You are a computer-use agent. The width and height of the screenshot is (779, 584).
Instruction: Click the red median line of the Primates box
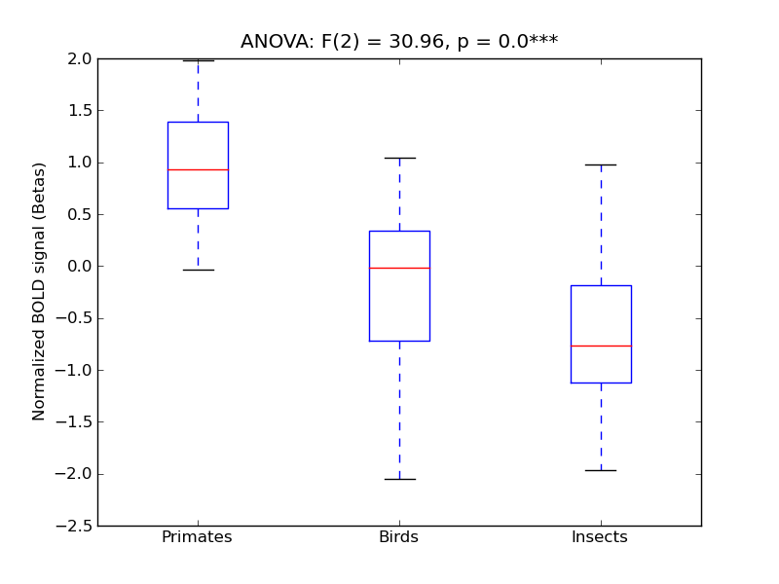coord(198,169)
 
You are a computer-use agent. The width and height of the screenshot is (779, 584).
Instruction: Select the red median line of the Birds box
coord(399,267)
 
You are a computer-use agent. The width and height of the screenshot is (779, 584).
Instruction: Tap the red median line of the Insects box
coord(601,346)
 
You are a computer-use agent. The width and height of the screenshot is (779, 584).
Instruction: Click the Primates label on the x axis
coord(197,537)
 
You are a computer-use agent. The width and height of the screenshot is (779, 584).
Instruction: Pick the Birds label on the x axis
coord(398,537)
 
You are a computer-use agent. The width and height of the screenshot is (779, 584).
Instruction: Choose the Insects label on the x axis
coord(600,537)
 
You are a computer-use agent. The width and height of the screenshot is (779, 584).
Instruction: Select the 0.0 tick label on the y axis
coord(80,266)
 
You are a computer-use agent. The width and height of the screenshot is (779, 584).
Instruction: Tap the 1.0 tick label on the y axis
coord(80,163)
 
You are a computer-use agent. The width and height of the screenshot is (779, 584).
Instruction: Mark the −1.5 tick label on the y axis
coord(76,421)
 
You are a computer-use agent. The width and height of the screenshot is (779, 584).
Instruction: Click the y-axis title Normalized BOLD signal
coord(40,292)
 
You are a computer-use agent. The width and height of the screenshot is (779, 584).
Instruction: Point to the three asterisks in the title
coord(543,41)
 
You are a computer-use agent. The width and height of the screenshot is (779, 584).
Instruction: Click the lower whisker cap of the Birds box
coord(399,479)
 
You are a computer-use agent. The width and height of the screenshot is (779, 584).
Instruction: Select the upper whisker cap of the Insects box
coord(601,164)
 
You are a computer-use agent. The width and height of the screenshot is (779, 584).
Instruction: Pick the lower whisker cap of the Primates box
coord(198,270)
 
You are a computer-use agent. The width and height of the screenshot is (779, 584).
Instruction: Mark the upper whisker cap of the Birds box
coord(399,158)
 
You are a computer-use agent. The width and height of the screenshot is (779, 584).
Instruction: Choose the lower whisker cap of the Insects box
coord(601,470)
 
